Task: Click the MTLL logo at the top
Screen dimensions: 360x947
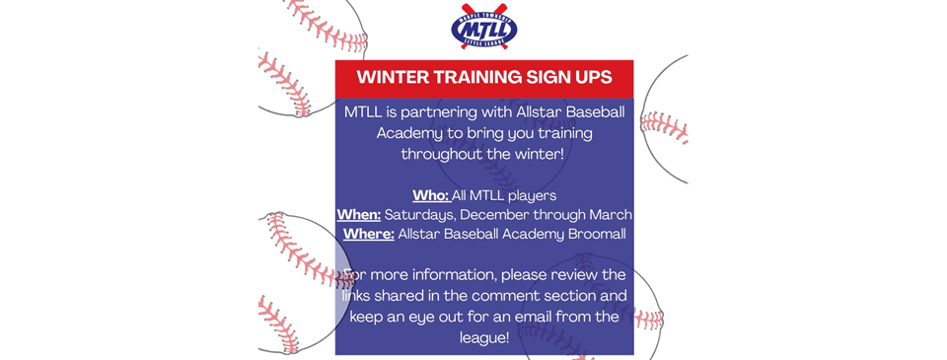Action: (x=483, y=29)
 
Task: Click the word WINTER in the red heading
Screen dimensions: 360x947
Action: (x=396, y=77)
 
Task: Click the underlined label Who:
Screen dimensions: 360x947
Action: (x=430, y=195)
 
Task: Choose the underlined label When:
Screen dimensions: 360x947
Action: (x=359, y=214)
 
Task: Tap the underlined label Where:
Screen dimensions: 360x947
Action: (x=369, y=234)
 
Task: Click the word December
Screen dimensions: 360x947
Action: (x=502, y=214)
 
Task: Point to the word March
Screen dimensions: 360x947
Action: (x=611, y=214)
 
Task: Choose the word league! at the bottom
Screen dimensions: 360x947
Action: (x=483, y=338)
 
